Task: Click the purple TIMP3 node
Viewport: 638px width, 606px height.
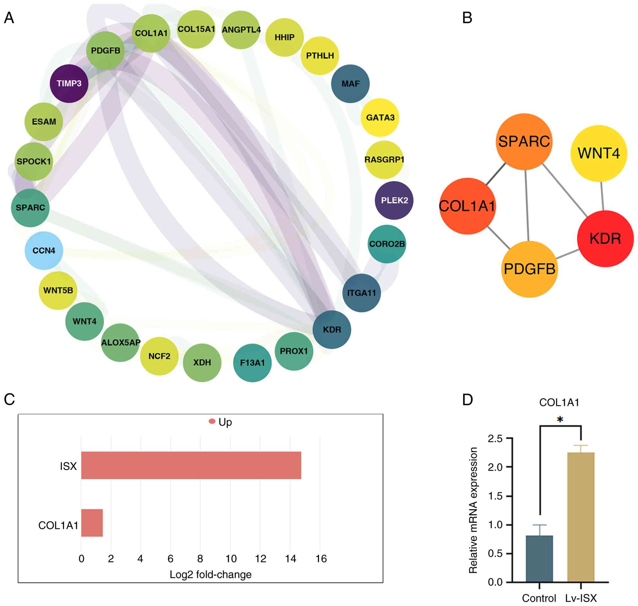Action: pos(69,84)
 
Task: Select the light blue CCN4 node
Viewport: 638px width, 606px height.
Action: pos(44,251)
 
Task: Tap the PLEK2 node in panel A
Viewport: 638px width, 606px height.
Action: pos(394,200)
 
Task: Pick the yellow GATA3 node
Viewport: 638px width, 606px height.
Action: pos(380,117)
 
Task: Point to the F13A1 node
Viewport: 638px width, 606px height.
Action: pos(252,363)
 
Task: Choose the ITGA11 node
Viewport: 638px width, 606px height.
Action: pos(361,293)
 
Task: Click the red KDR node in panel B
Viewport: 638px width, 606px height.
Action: pos(605,239)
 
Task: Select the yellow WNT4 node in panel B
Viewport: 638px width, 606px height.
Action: pos(599,153)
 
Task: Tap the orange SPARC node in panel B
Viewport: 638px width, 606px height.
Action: pos(524,141)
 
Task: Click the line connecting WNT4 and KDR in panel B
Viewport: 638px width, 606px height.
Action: pos(602,196)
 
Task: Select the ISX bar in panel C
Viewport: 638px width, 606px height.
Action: pos(191,465)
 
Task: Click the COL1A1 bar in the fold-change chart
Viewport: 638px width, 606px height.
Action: pos(92,523)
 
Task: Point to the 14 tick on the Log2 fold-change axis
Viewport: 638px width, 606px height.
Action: pos(290,559)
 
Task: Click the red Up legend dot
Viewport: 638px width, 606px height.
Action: pos(212,421)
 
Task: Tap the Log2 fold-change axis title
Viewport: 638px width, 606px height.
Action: pos(210,575)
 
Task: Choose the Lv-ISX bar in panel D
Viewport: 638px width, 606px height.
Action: pos(581,517)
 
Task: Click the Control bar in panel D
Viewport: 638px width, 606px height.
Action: pos(539,559)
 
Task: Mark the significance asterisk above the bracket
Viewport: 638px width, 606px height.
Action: pos(560,419)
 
